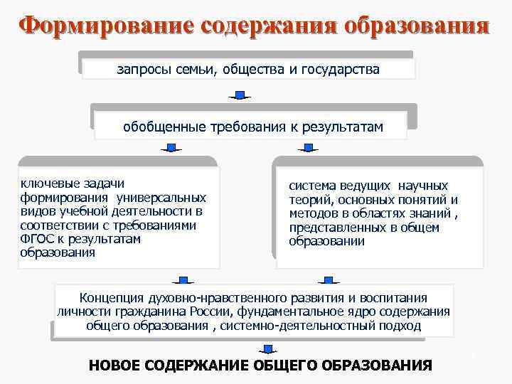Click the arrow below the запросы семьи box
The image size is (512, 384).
[240, 95]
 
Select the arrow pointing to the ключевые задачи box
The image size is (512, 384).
[171, 148]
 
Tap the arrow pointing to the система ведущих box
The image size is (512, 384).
[308, 148]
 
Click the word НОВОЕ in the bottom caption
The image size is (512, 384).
[114, 366]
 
